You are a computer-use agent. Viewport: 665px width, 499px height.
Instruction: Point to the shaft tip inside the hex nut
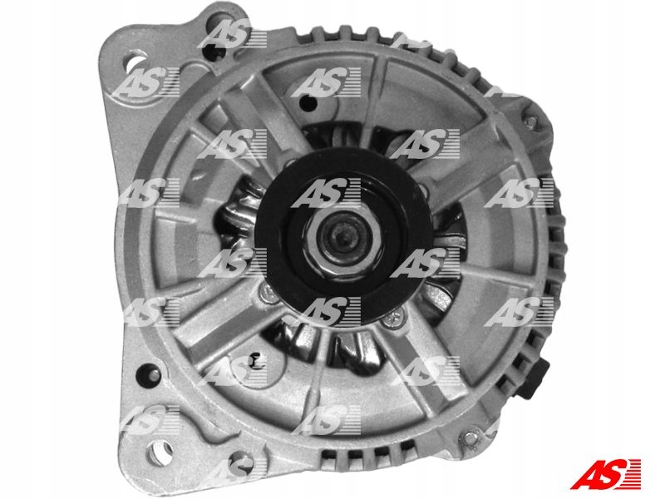(341, 236)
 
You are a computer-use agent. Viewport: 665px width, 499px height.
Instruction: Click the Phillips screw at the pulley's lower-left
(267, 291)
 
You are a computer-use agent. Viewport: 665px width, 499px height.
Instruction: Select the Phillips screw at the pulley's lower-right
(396, 316)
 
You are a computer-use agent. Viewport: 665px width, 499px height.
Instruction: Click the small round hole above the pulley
(304, 102)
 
